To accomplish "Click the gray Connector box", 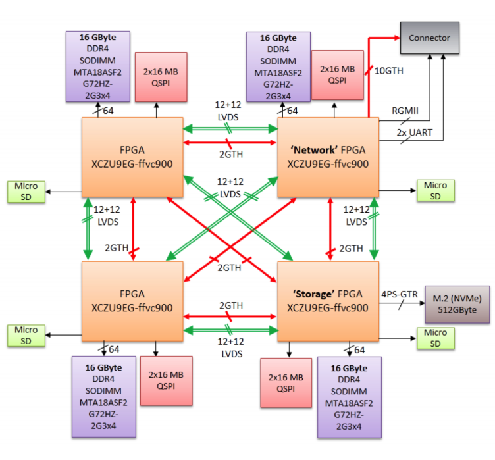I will (x=429, y=38).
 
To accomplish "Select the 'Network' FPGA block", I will (x=328, y=157).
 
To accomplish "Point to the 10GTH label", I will (x=388, y=70).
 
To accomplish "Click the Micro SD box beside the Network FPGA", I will (x=435, y=190).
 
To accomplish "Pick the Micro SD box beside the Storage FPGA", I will (x=435, y=338).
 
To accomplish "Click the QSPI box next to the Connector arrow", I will (x=337, y=74).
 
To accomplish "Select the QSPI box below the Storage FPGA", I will (x=286, y=383).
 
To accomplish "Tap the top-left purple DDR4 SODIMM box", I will (x=96, y=66).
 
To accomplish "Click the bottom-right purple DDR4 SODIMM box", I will (x=349, y=397).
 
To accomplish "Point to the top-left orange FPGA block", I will (x=132, y=157).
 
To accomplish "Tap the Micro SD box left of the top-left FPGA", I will (x=26, y=190).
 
